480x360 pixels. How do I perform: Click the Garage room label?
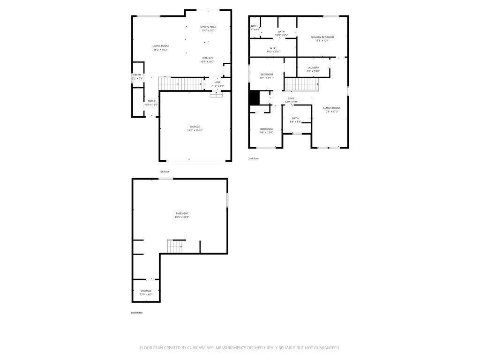tap(195, 127)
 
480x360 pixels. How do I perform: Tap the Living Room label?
tap(160, 46)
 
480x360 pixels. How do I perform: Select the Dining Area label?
tap(208, 27)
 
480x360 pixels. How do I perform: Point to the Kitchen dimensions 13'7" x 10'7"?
tap(207, 62)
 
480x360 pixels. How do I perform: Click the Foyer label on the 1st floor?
tap(151, 101)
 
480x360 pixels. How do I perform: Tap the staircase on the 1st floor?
tap(180, 84)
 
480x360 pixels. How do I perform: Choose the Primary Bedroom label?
tap(322, 37)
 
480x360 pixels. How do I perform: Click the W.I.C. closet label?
tap(273, 48)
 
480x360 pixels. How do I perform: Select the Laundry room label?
tap(313, 67)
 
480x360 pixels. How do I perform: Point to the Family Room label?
tap(331, 108)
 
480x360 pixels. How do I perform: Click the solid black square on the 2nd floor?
tap(254, 98)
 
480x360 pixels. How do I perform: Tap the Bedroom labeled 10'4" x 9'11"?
tap(267, 75)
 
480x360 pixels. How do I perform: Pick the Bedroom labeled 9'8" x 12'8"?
tap(266, 129)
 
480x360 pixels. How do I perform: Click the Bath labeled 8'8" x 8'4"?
tap(295, 118)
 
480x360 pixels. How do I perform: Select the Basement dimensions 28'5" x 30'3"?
tap(182, 217)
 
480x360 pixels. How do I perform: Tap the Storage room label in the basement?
tap(146, 291)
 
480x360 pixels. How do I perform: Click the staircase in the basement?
tap(174, 246)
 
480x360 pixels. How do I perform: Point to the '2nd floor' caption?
tap(254, 158)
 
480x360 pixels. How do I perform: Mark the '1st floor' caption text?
tap(164, 172)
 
